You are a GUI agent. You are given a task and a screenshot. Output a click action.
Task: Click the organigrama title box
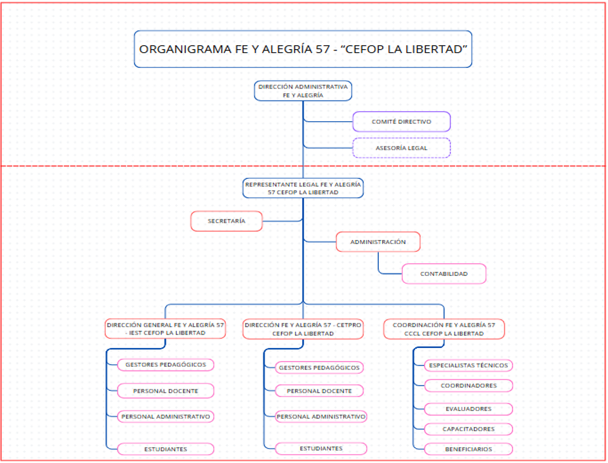pos(303,48)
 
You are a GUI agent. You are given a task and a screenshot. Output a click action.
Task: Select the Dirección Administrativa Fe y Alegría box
pos(303,90)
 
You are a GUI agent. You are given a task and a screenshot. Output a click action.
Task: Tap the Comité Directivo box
pos(401,121)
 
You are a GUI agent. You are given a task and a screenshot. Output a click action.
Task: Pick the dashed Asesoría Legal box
pos(401,148)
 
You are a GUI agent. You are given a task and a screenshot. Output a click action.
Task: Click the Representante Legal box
pos(303,188)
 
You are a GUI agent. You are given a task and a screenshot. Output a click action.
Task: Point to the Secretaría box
pos(227,221)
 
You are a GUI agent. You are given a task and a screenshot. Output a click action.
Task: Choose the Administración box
pos(378,242)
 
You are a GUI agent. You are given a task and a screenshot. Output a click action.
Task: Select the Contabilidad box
pos(443,274)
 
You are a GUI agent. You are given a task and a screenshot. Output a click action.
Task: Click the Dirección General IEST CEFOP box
pos(166,329)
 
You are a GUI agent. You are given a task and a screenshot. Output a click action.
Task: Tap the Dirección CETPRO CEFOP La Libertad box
pos(303,329)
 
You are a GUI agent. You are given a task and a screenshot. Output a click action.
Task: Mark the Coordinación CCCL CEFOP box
pos(443,329)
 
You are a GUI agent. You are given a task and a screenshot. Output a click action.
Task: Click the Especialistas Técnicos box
pos(469,365)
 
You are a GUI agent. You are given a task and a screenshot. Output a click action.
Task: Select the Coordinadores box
pos(469,386)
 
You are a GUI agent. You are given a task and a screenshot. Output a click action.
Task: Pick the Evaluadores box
pos(469,409)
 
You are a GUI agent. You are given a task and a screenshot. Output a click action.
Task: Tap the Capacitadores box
pos(469,429)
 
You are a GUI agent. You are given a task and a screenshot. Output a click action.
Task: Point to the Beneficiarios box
pos(469,449)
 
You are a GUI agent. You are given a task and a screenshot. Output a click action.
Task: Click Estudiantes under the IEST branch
pos(165,449)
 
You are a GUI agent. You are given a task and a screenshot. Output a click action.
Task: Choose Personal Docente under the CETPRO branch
pos(319,391)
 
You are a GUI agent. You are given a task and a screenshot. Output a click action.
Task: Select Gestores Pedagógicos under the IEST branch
pos(165,365)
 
